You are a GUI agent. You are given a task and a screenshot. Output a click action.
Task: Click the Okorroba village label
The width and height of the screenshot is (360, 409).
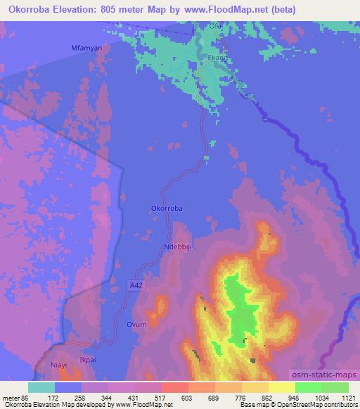pos(167,209)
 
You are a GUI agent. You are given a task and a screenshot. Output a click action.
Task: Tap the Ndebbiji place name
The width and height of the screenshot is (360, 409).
pos(177,247)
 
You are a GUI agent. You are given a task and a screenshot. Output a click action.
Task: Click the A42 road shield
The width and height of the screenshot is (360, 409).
pos(138,285)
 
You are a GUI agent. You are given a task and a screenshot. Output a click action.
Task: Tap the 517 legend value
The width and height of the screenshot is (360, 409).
pos(148,398)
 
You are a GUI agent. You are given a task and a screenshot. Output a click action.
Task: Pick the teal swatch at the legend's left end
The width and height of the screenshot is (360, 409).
pos(41,387)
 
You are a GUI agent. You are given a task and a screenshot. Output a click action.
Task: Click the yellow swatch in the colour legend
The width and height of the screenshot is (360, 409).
pos(282,387)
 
